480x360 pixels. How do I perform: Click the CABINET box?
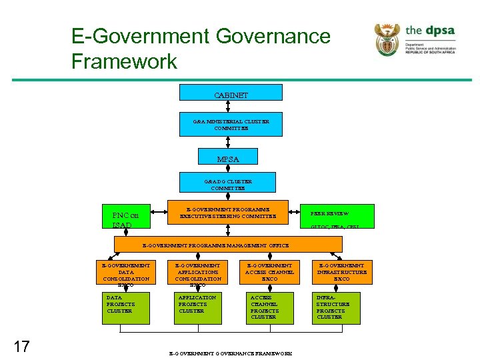pyautogui.click(x=231, y=95)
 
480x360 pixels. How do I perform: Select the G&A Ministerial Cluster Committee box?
pyautogui.click(x=231, y=125)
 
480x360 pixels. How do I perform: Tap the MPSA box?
pyautogui.click(x=227, y=159)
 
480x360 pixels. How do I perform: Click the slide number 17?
pyautogui.click(x=22, y=346)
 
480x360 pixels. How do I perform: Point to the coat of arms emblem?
pyautogui.click(x=387, y=39)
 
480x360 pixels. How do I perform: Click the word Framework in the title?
pyautogui.click(x=124, y=61)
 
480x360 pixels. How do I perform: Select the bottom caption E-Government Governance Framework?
pyautogui.click(x=231, y=353)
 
